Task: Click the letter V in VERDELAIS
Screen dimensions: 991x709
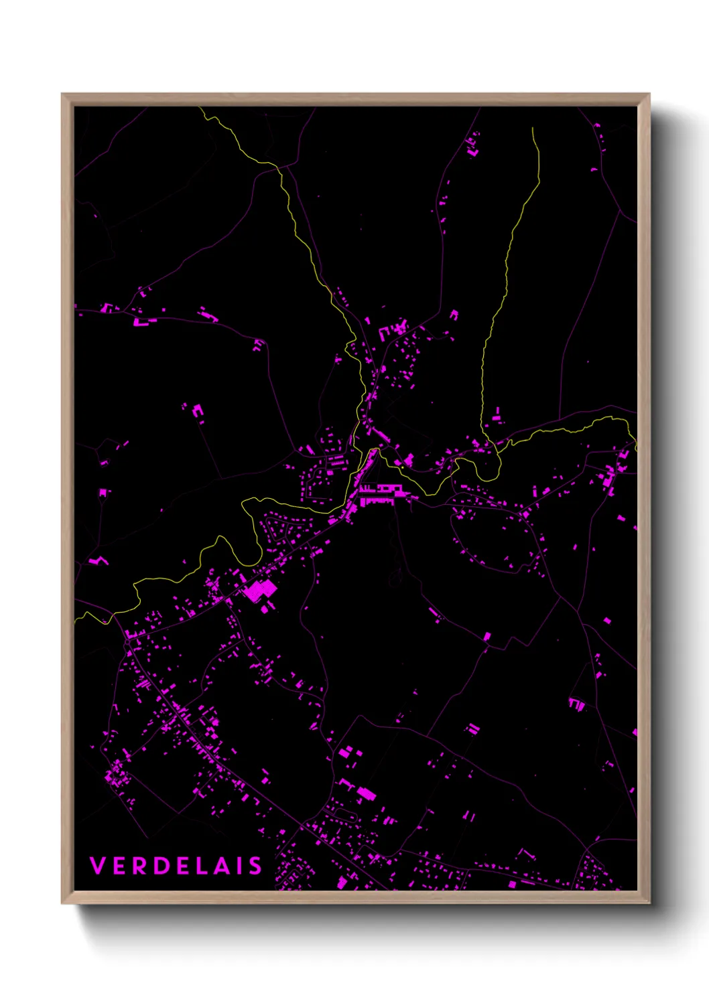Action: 97,866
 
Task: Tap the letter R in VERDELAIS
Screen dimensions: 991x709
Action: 140,866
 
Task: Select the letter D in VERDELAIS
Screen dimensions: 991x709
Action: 162,866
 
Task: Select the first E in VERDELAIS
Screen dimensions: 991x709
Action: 119,866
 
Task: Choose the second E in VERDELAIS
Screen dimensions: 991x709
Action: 182,866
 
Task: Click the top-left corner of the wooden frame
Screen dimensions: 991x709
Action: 62,94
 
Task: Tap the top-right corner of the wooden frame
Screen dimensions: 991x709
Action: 649,94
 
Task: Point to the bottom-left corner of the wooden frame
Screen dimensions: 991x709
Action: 62,903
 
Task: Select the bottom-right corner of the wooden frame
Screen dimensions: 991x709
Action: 649,903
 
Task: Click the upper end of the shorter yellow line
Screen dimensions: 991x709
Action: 533,129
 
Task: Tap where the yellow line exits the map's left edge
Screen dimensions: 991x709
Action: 75,620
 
